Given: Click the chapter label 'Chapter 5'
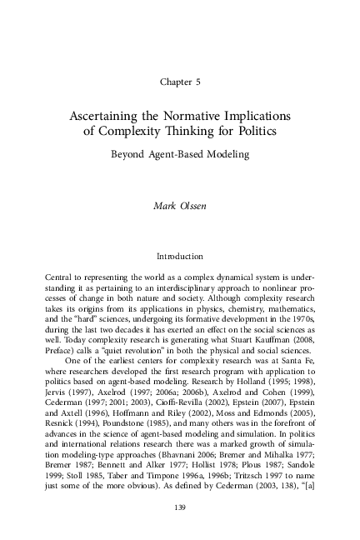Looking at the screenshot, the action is point(180,82).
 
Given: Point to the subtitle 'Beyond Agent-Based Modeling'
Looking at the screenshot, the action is point(180,154).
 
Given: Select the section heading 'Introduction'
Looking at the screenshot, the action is point(180,257).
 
